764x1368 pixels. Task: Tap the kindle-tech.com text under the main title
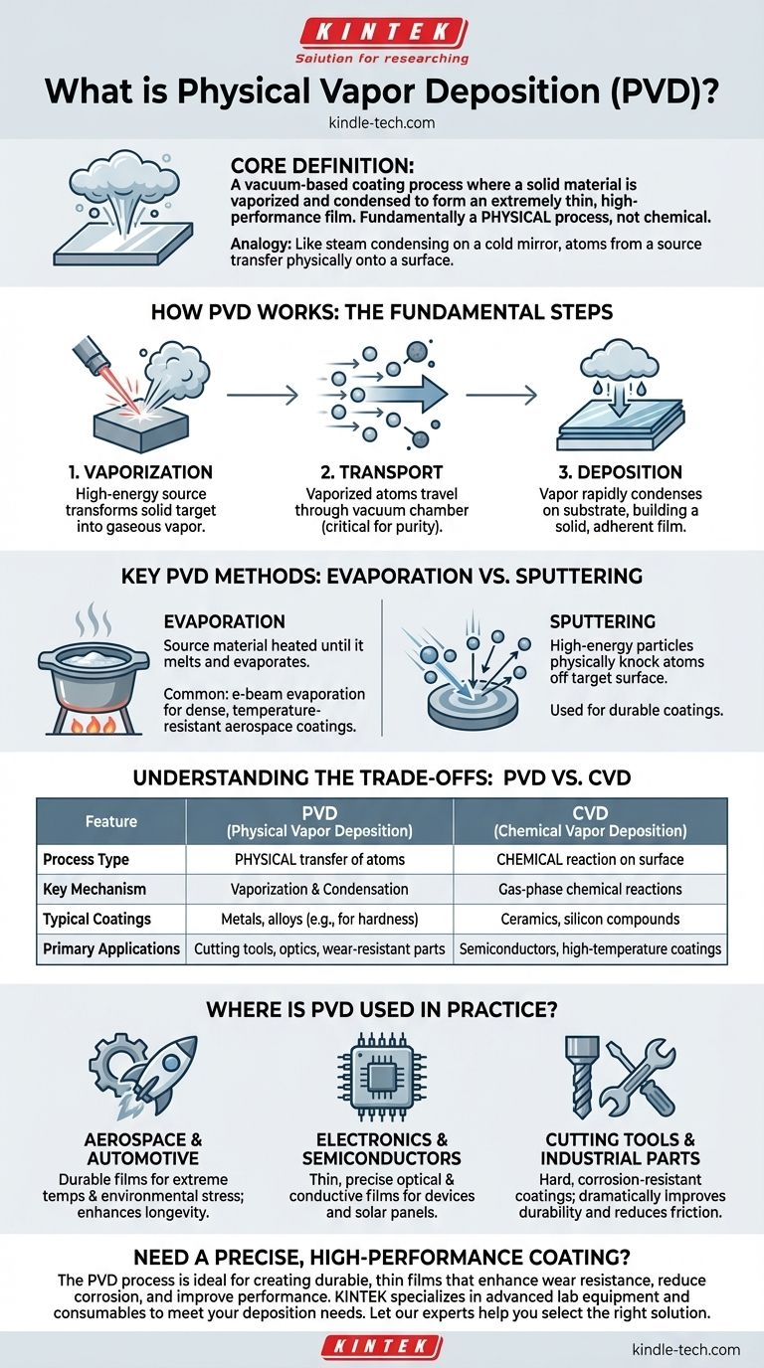[382, 122]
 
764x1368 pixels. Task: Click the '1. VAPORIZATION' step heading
[140, 472]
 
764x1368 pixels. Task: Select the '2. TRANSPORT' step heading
[381, 472]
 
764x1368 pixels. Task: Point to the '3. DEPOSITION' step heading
[621, 472]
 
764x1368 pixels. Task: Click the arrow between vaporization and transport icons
[263, 395]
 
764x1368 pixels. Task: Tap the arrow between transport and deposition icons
[501, 395]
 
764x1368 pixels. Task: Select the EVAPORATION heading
[224, 621]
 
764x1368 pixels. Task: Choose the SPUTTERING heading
[603, 621]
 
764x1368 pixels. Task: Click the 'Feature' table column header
[111, 821]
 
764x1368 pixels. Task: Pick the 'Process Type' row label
[86, 859]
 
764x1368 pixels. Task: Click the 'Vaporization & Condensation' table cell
[319, 889]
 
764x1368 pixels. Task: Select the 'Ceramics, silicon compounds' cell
[590, 919]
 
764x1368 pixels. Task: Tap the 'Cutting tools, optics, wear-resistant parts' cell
[319, 949]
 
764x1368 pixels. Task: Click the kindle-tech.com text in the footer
[685, 1349]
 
